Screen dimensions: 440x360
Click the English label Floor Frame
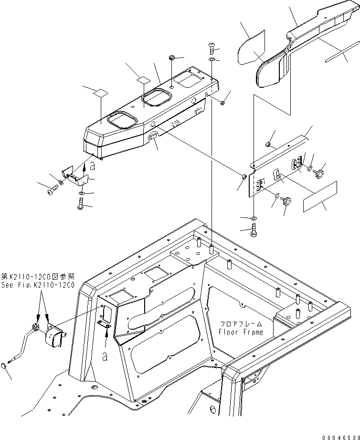tap(241, 332)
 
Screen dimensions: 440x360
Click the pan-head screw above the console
tap(212, 47)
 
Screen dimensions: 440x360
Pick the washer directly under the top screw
tap(212, 60)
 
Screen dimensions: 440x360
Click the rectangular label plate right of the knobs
tap(320, 196)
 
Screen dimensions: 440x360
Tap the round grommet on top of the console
tap(171, 58)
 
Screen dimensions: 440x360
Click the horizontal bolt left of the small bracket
tap(51, 190)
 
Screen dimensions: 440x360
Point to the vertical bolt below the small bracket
tap(80, 204)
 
